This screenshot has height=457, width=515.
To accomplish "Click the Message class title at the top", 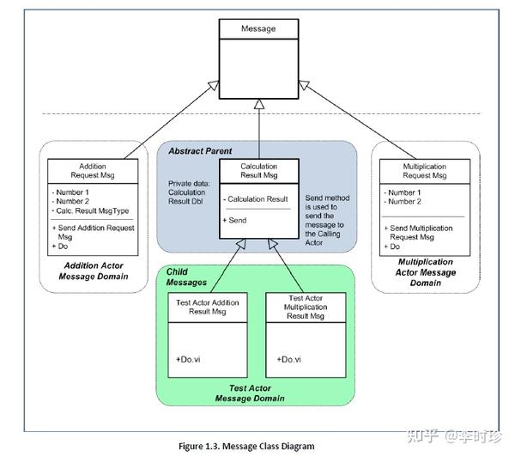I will pyautogui.click(x=258, y=29).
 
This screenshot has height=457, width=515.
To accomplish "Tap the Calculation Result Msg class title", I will pyautogui.click(x=258, y=171).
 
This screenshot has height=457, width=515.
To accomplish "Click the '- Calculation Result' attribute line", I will pyautogui.click(x=258, y=199).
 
